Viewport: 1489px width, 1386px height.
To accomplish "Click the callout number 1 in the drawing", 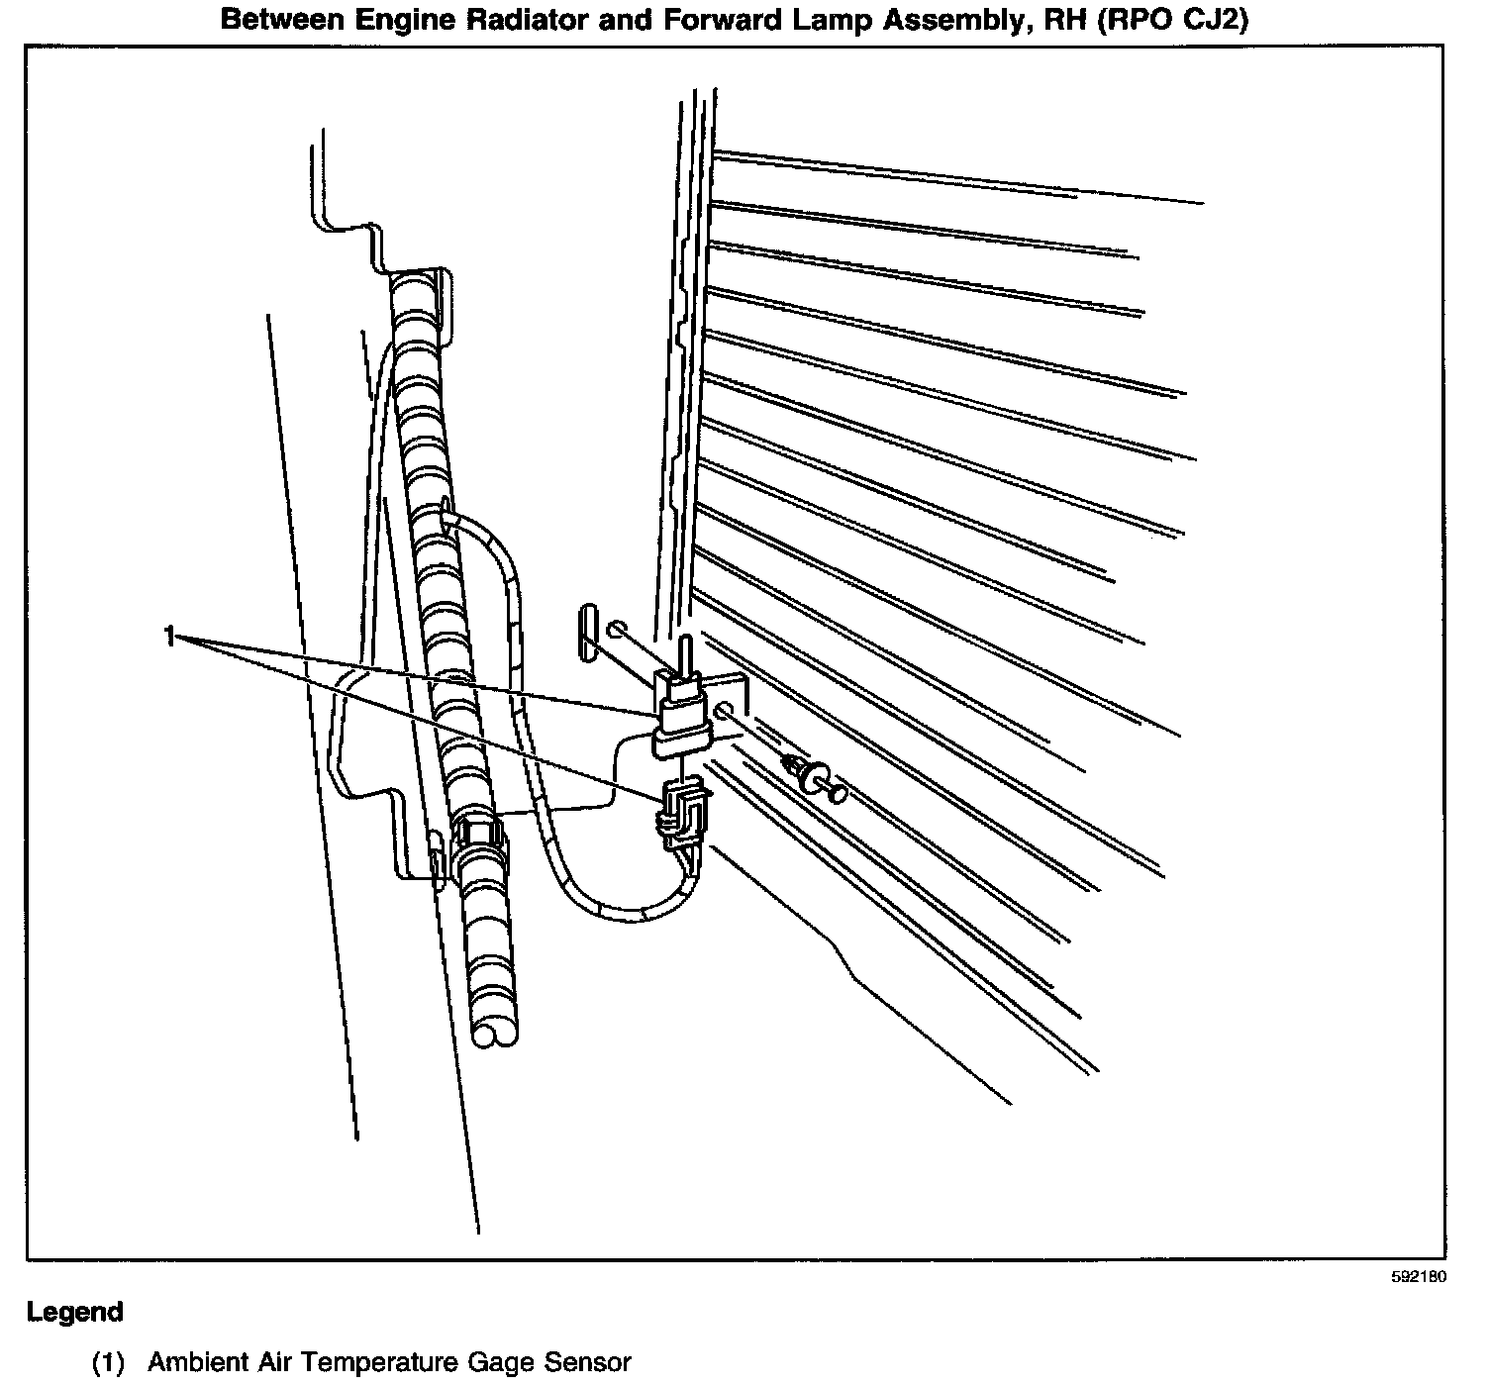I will [170, 636].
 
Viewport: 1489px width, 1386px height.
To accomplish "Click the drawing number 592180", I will [1418, 1277].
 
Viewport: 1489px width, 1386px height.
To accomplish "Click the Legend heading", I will [75, 1313].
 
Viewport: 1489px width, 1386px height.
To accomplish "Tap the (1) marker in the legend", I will [108, 1363].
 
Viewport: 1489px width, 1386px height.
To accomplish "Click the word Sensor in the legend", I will [588, 1363].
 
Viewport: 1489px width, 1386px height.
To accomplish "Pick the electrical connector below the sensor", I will [683, 812].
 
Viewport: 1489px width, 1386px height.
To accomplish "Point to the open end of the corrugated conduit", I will [495, 1034].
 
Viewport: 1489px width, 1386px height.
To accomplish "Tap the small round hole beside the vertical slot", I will [616, 629].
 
